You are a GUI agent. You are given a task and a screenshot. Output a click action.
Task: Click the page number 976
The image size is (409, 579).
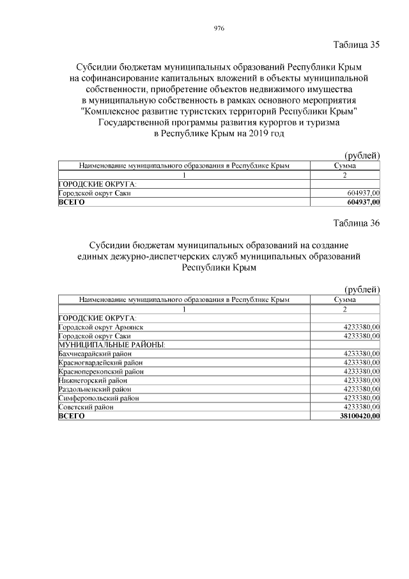pyautogui.click(x=219, y=28)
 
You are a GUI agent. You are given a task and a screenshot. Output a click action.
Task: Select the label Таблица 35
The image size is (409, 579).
pyautogui.click(x=357, y=45)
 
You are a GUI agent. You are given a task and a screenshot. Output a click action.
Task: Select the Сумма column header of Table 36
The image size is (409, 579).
pyautogui.click(x=344, y=299)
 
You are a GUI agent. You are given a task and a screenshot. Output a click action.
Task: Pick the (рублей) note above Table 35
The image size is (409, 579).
pyautogui.click(x=362, y=155)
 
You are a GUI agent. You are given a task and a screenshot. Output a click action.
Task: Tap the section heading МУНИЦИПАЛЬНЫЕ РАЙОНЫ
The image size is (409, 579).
pyautogui.click(x=112, y=344)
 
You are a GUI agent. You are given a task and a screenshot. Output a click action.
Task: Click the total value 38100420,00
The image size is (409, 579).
pyautogui.click(x=358, y=416)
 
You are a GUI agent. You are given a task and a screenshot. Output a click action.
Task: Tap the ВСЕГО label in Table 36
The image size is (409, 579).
pyautogui.click(x=71, y=416)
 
